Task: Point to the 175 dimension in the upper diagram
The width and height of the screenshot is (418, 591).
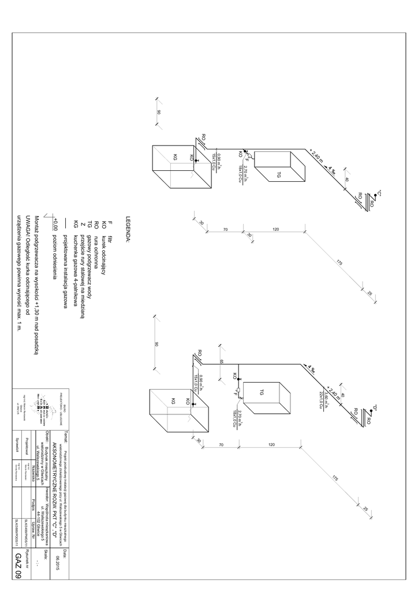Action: tap(339, 263)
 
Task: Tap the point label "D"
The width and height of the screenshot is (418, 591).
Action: tap(375, 406)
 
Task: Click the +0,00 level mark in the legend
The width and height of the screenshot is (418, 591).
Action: tap(55, 223)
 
